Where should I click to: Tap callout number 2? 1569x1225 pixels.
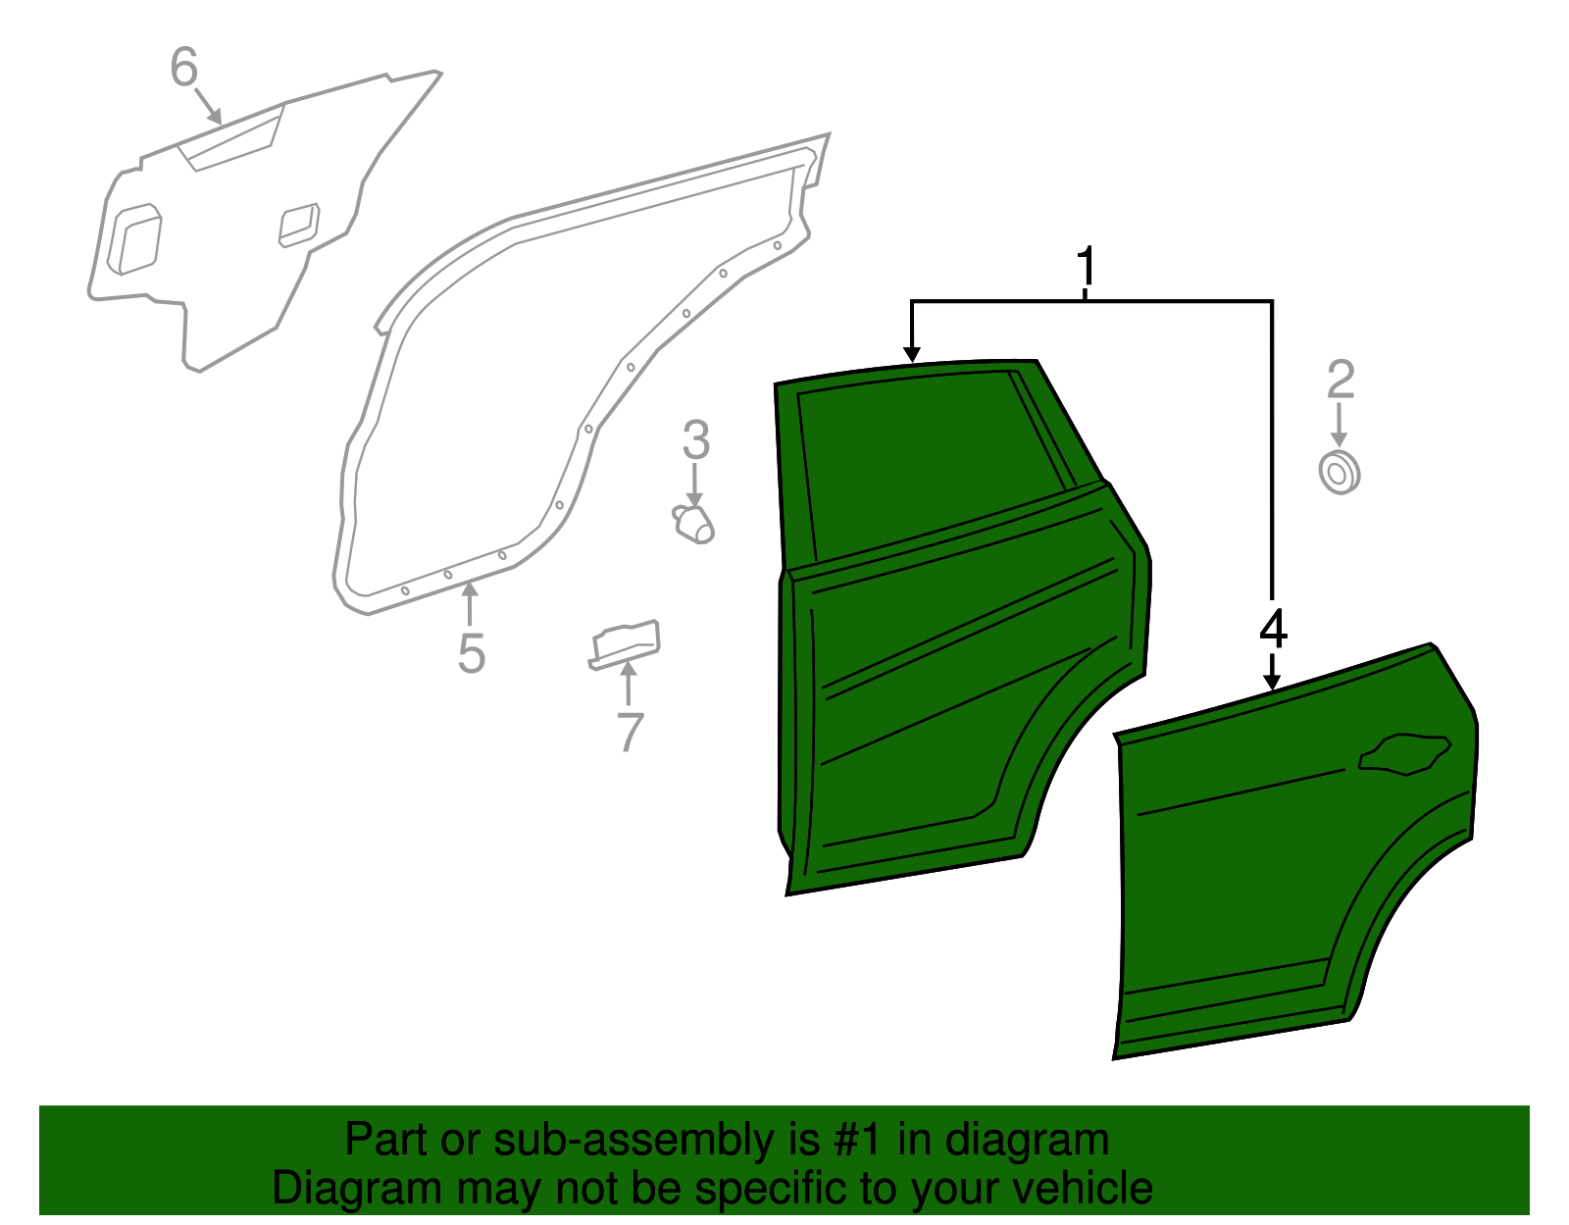[x=1340, y=381]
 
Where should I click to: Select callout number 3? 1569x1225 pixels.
[x=695, y=440]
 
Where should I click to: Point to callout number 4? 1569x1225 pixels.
[x=1272, y=629]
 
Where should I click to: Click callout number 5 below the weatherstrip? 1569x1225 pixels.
[x=472, y=654]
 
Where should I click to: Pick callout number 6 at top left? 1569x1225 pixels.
[x=184, y=69]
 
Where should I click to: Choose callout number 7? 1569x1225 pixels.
[x=629, y=732]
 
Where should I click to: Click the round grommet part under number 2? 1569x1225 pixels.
[x=1339, y=473]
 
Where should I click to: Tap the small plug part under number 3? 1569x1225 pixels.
[x=695, y=524]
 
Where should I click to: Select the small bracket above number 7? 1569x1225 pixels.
[x=626, y=642]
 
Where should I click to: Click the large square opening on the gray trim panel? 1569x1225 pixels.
[x=134, y=238]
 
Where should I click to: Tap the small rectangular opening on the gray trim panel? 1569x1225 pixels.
[x=299, y=225]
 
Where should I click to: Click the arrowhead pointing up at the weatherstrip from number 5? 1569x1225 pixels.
[x=471, y=588]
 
